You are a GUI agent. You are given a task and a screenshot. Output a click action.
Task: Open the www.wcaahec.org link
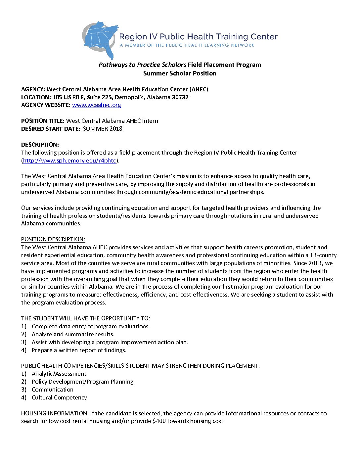point(96,105)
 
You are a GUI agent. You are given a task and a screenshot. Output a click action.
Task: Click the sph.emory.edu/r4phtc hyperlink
point(69,161)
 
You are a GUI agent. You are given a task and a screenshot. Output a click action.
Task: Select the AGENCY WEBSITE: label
point(46,105)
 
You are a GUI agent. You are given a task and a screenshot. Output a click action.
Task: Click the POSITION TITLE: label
point(43,121)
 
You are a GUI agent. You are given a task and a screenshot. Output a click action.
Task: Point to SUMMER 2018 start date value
point(103,129)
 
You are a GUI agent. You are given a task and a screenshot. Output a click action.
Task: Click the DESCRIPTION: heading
point(40,145)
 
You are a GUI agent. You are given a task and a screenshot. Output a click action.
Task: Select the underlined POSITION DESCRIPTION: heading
point(53,239)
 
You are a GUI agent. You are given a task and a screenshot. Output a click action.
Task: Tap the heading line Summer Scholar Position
point(180,73)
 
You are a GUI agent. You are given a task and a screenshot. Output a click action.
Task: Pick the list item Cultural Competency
point(59,397)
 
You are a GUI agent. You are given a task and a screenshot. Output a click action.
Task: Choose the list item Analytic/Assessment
point(59,374)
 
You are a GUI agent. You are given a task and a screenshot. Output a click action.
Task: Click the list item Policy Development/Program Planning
point(82,382)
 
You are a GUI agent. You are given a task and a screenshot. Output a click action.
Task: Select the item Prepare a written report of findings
point(79,350)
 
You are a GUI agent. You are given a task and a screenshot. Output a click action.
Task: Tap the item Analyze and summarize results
point(73,334)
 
